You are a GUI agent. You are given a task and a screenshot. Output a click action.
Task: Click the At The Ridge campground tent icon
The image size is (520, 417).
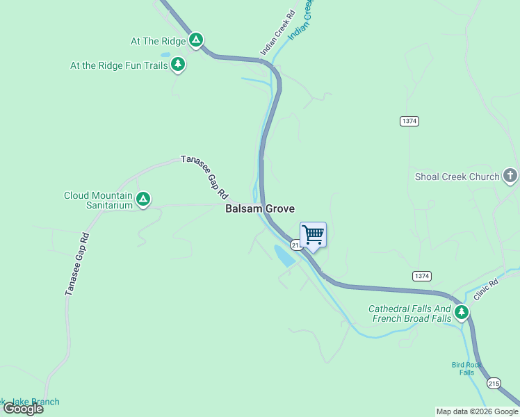pos(196,40)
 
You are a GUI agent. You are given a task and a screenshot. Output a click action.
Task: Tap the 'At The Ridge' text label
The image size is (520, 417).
pos(159,41)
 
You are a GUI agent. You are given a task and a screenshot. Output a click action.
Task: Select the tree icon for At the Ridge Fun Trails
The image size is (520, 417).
pos(178,65)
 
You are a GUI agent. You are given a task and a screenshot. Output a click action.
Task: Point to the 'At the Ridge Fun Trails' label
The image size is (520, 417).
pos(119,65)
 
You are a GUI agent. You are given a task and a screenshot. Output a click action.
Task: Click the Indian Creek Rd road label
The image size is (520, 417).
pos(277,33)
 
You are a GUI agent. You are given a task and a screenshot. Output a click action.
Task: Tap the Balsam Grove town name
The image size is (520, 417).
pos(260,208)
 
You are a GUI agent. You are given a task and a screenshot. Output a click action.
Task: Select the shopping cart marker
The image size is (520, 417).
pos(313,236)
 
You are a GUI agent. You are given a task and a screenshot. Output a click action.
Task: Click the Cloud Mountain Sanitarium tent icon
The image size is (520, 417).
pos(143,199)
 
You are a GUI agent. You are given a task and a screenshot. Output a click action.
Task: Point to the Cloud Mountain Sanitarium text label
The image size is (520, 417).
pos(98,200)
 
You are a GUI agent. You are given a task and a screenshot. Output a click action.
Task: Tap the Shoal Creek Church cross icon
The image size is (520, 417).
pos(510,176)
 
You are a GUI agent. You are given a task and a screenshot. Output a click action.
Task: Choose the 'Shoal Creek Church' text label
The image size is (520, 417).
pos(457,177)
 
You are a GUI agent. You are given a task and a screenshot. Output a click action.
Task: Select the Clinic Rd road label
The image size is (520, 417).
pos(487,289)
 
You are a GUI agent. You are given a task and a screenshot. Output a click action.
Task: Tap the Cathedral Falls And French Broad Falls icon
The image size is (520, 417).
pos(461,313)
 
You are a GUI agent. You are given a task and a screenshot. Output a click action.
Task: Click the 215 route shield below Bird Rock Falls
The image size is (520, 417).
pos(494,383)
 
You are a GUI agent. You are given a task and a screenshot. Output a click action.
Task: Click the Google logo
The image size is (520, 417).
pos(24,409)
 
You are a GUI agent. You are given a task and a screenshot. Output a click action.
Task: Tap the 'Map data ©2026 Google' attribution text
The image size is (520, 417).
pos(477,411)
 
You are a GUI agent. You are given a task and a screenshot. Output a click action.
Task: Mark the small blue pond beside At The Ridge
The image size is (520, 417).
pos(165,54)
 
